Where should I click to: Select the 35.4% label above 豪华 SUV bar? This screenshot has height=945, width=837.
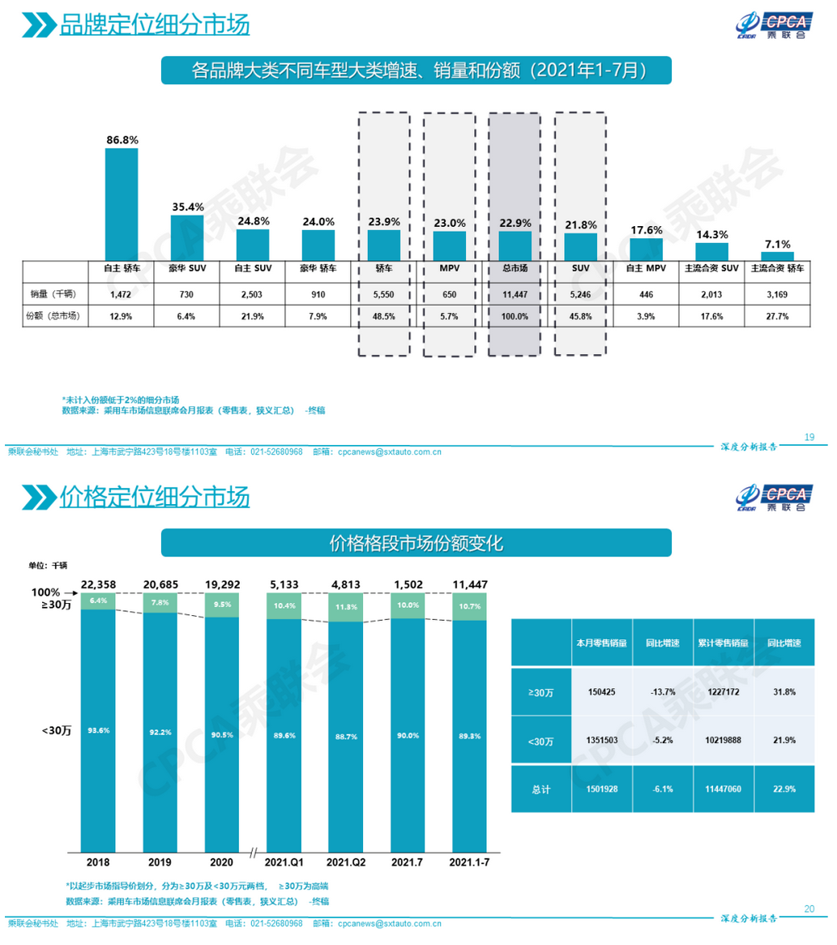(187, 207)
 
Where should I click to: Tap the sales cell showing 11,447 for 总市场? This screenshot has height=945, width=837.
(515, 294)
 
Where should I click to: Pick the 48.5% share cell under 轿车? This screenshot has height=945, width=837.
(384, 317)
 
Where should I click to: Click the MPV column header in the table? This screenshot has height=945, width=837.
(449, 268)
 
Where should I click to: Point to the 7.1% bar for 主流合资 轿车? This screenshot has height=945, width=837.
(778, 255)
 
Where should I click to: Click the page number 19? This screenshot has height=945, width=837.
(809, 438)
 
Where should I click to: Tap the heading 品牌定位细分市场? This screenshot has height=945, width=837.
(155, 25)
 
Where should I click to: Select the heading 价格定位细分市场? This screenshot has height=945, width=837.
(155, 497)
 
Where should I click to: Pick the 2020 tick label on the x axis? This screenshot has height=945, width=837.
(221, 862)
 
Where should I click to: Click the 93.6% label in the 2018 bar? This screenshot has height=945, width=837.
(99, 730)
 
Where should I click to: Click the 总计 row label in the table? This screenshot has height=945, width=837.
(540, 789)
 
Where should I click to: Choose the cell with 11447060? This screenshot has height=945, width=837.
(724, 789)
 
